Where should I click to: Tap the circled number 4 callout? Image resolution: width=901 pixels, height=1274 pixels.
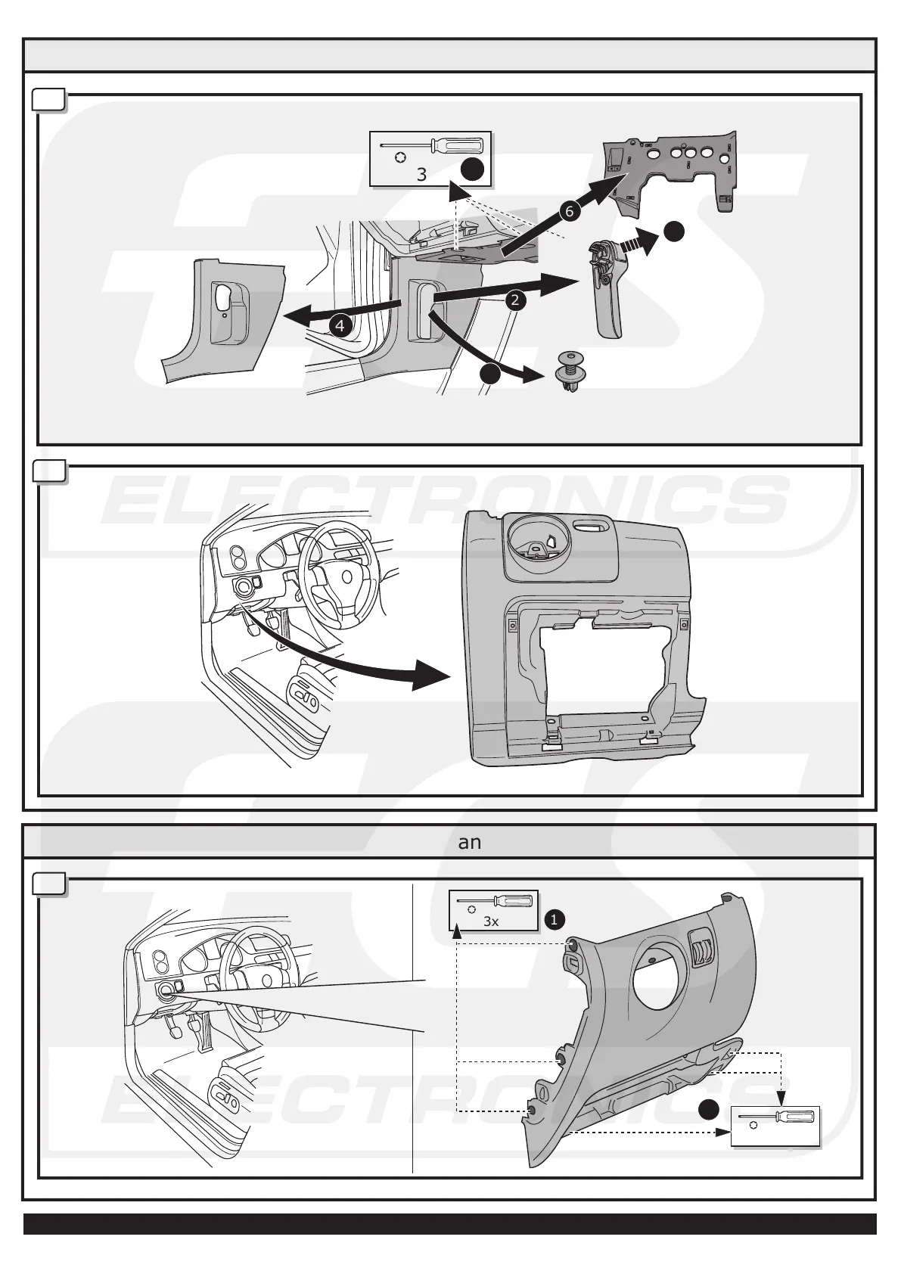coord(340,326)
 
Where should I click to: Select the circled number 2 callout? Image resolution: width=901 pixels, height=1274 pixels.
coord(515,300)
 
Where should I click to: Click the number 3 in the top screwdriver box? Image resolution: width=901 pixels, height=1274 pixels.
coord(421,175)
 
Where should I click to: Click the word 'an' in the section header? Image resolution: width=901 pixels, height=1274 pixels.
coord(470,842)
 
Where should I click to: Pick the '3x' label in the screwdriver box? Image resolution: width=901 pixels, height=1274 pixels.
coord(491,922)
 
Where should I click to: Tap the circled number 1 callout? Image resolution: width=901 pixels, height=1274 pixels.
coord(554,920)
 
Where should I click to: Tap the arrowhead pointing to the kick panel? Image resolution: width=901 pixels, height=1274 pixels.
coord(291,315)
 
